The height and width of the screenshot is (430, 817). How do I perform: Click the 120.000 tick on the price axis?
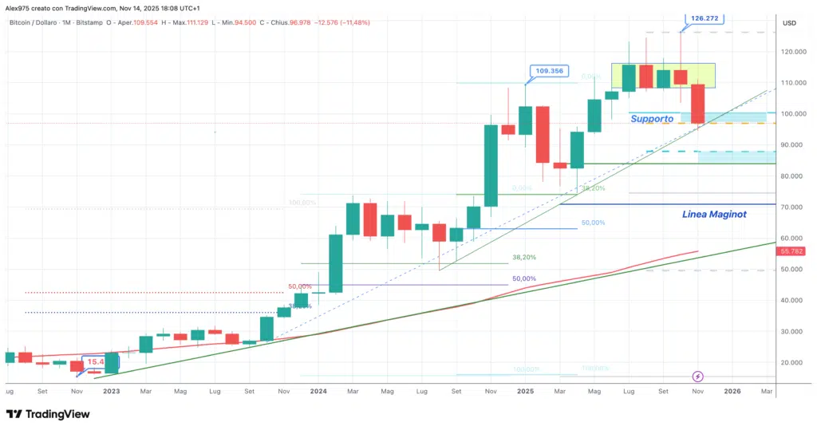click(792, 52)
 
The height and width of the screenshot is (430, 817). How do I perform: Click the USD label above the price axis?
click(791, 22)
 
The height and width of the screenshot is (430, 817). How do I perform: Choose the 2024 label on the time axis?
click(318, 392)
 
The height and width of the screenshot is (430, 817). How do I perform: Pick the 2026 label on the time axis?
click(732, 392)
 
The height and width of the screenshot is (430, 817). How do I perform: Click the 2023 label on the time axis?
click(111, 392)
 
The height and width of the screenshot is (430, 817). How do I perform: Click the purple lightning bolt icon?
click(698, 376)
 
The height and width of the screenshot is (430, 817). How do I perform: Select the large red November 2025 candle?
click(698, 104)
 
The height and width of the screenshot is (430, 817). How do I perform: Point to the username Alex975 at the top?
click(23, 7)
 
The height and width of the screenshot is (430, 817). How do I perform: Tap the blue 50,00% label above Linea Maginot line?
click(593, 223)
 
